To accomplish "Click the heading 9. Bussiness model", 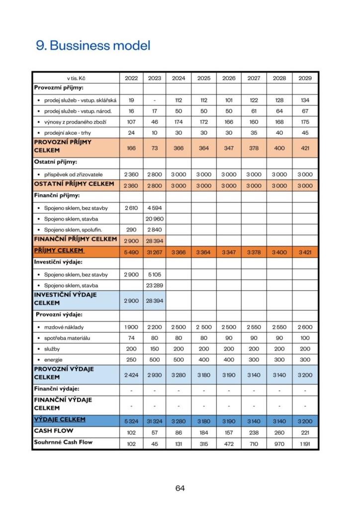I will click(x=93, y=46).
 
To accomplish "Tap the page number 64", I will click(x=180, y=488).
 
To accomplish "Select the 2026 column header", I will click(x=229, y=78).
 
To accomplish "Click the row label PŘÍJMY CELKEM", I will click(x=59, y=251).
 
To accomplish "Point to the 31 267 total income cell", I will click(x=155, y=253).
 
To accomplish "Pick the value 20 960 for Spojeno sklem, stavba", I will click(x=155, y=218).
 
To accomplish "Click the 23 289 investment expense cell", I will click(x=155, y=285).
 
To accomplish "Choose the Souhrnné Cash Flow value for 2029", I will click(x=305, y=443).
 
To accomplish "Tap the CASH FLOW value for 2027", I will click(x=254, y=432).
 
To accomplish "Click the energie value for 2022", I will click(x=131, y=359).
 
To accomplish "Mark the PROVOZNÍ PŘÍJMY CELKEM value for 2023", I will click(x=155, y=148).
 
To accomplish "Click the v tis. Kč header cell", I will click(x=76, y=78).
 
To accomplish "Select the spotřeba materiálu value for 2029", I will click(x=305, y=338).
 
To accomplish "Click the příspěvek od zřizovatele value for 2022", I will click(x=131, y=174).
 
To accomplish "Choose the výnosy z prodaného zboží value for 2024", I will click(x=179, y=122).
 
